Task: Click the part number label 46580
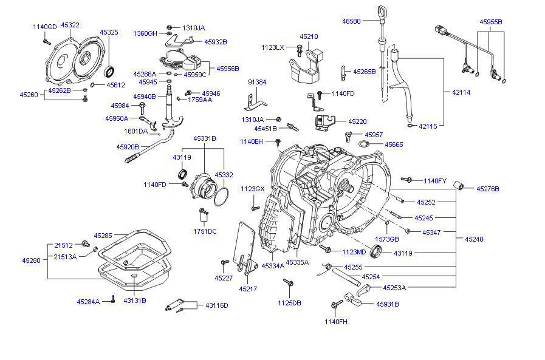pos(351,21)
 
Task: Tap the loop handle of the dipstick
pos(380,12)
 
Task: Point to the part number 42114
pos(461,92)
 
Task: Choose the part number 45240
pos(474,239)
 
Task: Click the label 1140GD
pos(44,27)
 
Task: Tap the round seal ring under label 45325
pos(110,73)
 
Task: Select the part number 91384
pos(257,82)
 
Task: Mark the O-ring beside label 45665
pos(363,144)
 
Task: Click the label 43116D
pos(216,305)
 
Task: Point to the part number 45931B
pos(387,304)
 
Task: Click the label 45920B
pos(128,147)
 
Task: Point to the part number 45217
pos(249,288)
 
